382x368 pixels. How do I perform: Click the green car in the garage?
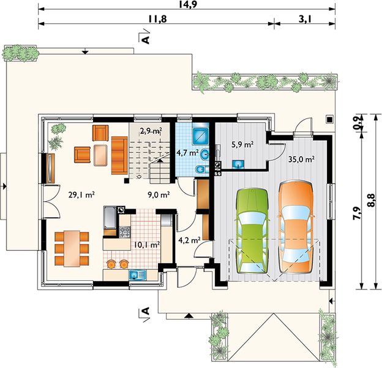point(252,231)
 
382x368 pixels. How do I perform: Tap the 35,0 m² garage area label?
point(301,159)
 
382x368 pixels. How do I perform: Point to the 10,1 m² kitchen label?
point(147,244)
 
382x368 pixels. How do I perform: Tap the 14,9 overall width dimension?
point(187,4)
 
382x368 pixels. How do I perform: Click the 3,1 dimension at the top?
point(305,18)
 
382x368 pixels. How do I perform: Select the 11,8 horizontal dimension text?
point(157,18)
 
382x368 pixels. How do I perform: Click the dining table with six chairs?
point(72,248)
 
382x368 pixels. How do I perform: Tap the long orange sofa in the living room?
point(119,155)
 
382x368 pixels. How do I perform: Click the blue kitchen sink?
point(138,275)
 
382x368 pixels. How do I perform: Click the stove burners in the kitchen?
point(124,232)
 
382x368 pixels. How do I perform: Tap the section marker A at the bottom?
point(145,311)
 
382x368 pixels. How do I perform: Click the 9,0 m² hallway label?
point(159,195)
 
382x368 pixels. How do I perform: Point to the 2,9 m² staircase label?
point(151,131)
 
